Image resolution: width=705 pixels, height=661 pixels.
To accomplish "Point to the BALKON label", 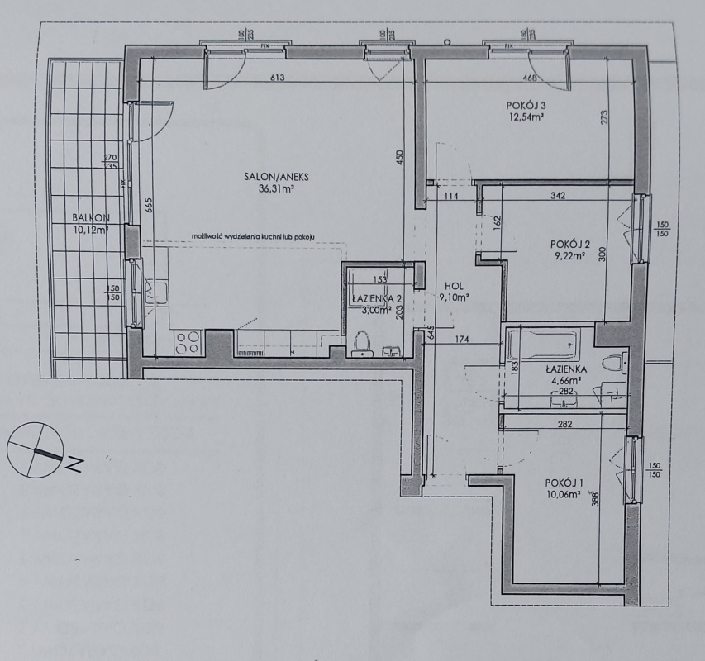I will click(90, 218).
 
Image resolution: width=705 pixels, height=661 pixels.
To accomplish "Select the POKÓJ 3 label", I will click(527, 105).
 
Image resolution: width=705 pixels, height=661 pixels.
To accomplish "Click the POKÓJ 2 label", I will click(569, 244).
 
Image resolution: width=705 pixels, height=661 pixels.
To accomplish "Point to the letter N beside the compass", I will click(74, 464).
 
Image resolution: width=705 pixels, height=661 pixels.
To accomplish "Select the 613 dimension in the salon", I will click(276, 78).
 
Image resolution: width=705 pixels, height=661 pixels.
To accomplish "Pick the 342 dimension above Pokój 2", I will click(558, 196).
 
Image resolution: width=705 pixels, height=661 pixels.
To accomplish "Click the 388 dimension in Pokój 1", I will click(617, 498).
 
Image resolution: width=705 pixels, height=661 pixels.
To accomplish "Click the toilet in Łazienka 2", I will click(360, 340).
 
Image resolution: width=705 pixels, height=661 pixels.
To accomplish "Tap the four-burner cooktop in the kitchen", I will click(188, 341).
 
